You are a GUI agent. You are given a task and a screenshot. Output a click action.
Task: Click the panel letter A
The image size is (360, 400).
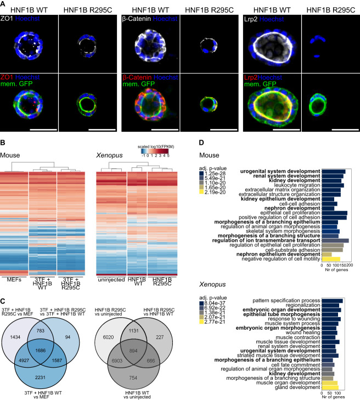pos(4,4)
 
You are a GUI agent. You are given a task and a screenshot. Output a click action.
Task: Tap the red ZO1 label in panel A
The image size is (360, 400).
pos(8,85)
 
